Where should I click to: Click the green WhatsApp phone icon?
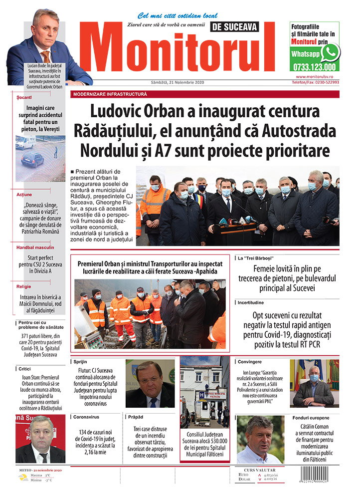(x=330, y=52)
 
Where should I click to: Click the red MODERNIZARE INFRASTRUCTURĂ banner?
(x=110, y=94)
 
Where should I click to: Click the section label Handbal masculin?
(x=35, y=247)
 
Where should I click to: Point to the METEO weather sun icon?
(x=23, y=478)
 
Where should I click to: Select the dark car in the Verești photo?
(x=32, y=160)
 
